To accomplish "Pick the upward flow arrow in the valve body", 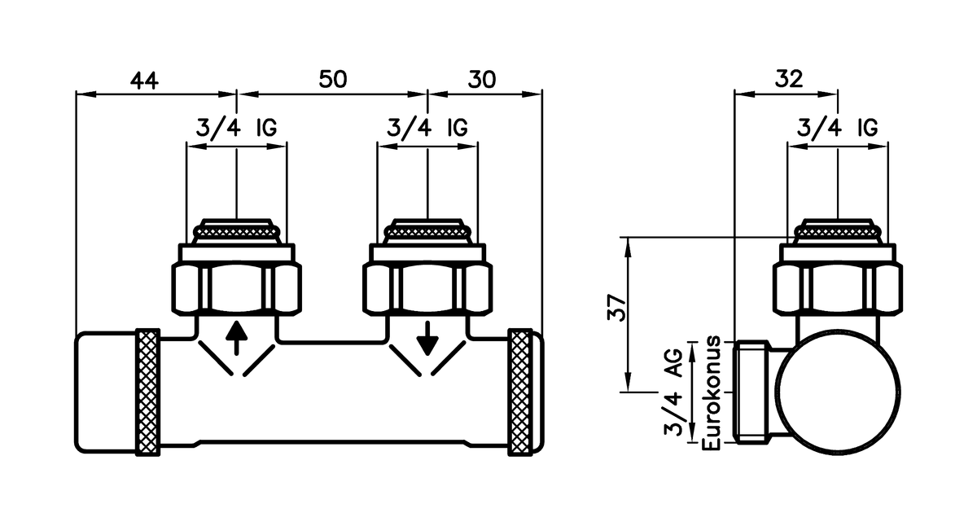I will click(236, 338).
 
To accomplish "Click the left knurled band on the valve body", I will click(147, 392).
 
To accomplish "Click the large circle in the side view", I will click(838, 392).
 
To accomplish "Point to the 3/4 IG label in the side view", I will click(837, 128).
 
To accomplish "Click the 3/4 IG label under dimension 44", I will click(236, 128).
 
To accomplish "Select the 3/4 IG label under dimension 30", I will click(427, 128).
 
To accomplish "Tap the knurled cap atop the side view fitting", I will click(838, 232).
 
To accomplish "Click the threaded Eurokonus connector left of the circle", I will click(754, 392).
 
